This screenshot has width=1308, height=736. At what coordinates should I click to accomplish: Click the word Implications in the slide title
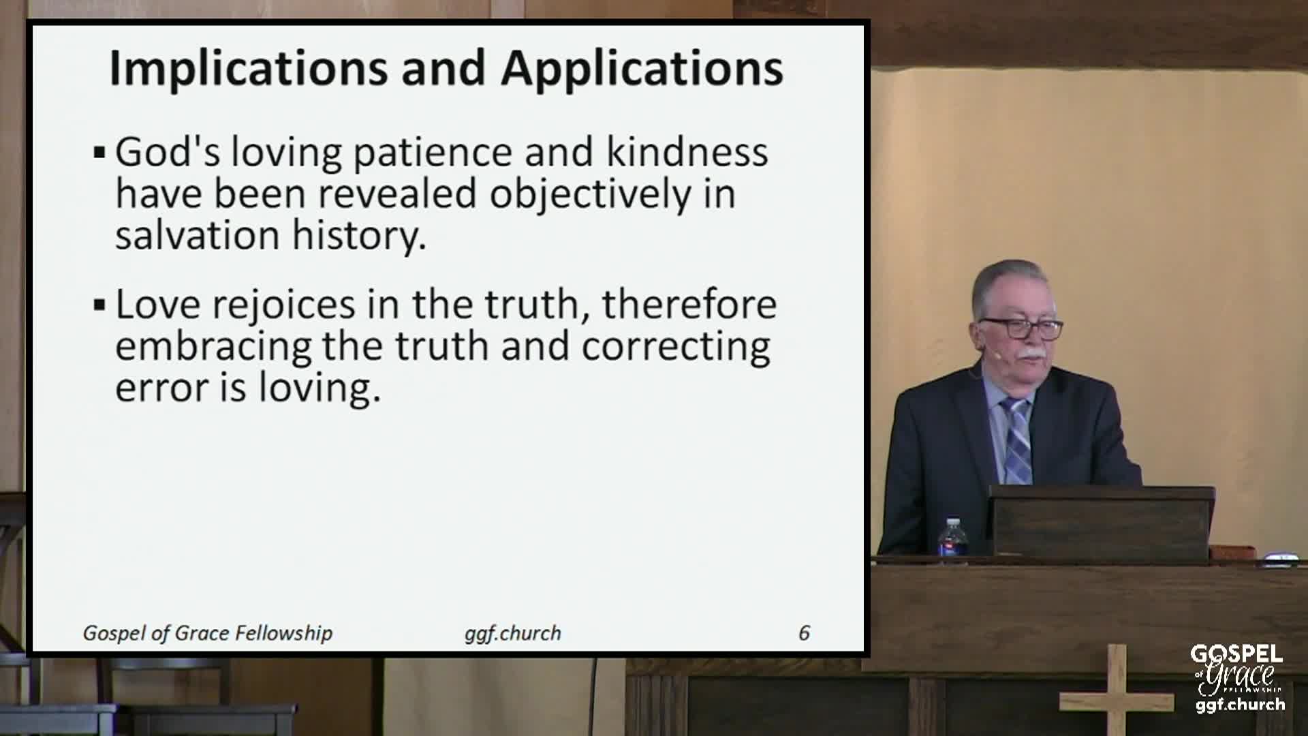click(x=249, y=70)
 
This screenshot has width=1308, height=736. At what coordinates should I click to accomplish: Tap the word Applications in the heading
click(x=642, y=70)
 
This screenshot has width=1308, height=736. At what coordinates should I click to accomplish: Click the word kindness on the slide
click(x=687, y=151)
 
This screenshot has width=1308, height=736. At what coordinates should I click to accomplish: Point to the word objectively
click(x=591, y=194)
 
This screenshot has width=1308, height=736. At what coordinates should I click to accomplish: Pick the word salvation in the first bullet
click(x=198, y=235)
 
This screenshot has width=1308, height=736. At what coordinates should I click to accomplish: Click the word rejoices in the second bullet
click(x=284, y=305)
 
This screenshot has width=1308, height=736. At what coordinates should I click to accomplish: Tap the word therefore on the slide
click(x=689, y=304)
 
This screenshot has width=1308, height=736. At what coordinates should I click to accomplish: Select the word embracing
click(x=213, y=347)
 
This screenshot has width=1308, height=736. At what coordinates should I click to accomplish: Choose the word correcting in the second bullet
click(x=676, y=347)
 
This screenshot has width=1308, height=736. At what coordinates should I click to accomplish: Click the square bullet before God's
click(x=99, y=153)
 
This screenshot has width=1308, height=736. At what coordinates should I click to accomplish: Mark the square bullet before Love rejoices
click(x=99, y=305)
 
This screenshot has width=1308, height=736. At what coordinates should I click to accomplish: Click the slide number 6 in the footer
click(x=804, y=633)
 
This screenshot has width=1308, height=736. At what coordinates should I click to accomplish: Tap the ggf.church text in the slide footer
click(x=513, y=634)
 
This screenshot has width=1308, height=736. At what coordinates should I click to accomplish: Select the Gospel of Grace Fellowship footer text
click(x=208, y=634)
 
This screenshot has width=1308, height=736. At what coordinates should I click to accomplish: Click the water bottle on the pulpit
click(x=952, y=539)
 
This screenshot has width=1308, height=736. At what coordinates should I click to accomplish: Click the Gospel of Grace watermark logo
click(x=1237, y=679)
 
